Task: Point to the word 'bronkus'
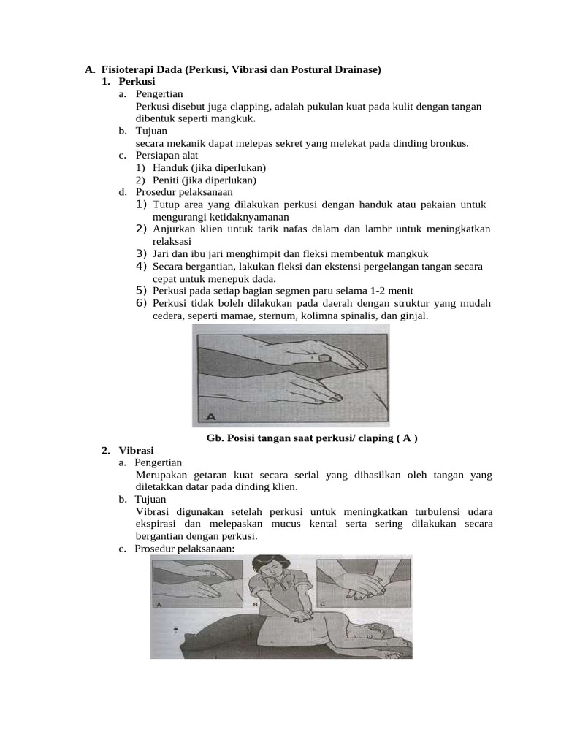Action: pos(449,143)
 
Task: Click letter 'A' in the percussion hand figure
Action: pos(210,417)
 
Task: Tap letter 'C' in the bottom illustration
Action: pos(322,603)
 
